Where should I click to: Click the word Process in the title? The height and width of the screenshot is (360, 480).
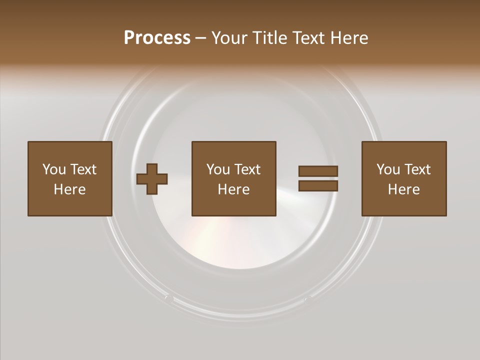point(157,38)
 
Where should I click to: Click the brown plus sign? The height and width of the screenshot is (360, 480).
point(152,179)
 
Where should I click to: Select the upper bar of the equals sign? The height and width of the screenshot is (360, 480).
point(318,171)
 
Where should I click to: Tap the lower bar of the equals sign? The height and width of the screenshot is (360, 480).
point(318,186)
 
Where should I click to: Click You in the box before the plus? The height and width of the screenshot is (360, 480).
point(54,169)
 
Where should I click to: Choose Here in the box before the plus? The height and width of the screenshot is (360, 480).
point(69,189)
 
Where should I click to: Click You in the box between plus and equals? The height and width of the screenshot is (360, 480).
point(218,169)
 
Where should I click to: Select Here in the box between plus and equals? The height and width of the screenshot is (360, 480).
point(233,189)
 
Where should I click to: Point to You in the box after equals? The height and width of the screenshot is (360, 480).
point(388,169)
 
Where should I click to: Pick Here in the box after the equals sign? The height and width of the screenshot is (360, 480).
point(403,189)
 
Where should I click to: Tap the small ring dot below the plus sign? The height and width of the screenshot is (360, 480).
point(169,298)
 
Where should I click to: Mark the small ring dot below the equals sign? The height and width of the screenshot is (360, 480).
point(308,299)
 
